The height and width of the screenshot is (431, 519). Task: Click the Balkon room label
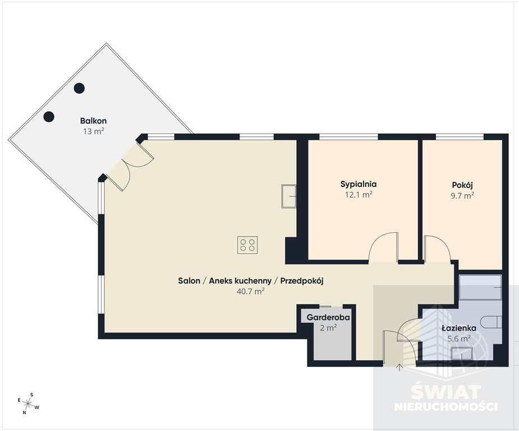(x=93, y=121)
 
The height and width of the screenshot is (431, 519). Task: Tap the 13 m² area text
(x=94, y=131)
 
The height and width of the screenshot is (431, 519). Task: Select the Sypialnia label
(x=359, y=185)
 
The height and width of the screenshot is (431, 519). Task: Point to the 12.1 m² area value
(x=359, y=195)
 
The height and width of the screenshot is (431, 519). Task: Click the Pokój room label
(x=462, y=185)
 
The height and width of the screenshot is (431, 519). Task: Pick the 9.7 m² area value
(x=462, y=196)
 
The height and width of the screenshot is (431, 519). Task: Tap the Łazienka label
(x=459, y=328)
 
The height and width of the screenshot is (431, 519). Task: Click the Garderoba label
(x=328, y=318)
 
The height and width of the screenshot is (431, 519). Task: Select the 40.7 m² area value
(x=251, y=291)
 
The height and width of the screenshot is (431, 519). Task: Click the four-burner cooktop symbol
(x=247, y=245)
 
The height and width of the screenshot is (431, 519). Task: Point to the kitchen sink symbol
(x=288, y=196)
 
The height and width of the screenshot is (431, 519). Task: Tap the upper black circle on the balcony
(x=79, y=88)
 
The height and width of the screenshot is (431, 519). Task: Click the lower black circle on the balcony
(x=49, y=117)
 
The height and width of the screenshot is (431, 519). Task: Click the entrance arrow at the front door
(x=399, y=367)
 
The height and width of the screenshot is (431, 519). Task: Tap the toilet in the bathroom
(x=491, y=323)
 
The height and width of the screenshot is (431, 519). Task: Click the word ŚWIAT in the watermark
(x=446, y=392)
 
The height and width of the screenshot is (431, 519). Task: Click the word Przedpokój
(x=302, y=281)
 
